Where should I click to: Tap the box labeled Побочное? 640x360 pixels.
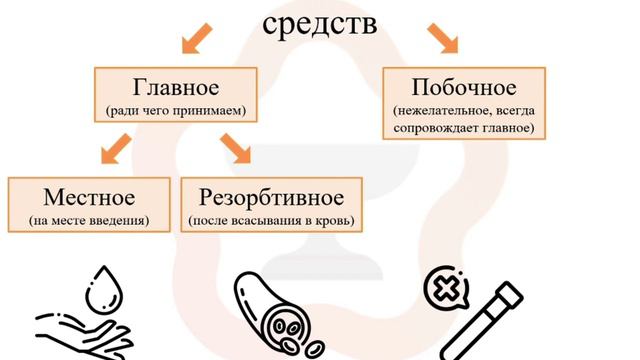463,102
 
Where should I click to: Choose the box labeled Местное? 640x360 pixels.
88,204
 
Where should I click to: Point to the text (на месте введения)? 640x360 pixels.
89,220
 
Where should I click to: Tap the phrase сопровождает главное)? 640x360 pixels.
463,128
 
